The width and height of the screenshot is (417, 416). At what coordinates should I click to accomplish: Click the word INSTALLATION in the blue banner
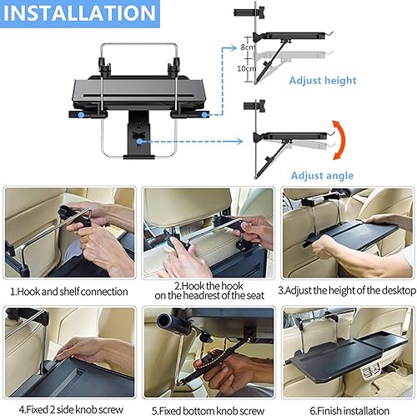tap(79, 14)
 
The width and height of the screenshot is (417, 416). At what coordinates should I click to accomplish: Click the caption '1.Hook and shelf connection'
tap(69, 292)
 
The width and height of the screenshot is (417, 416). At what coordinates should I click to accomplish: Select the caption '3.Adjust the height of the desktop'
tap(346, 292)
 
